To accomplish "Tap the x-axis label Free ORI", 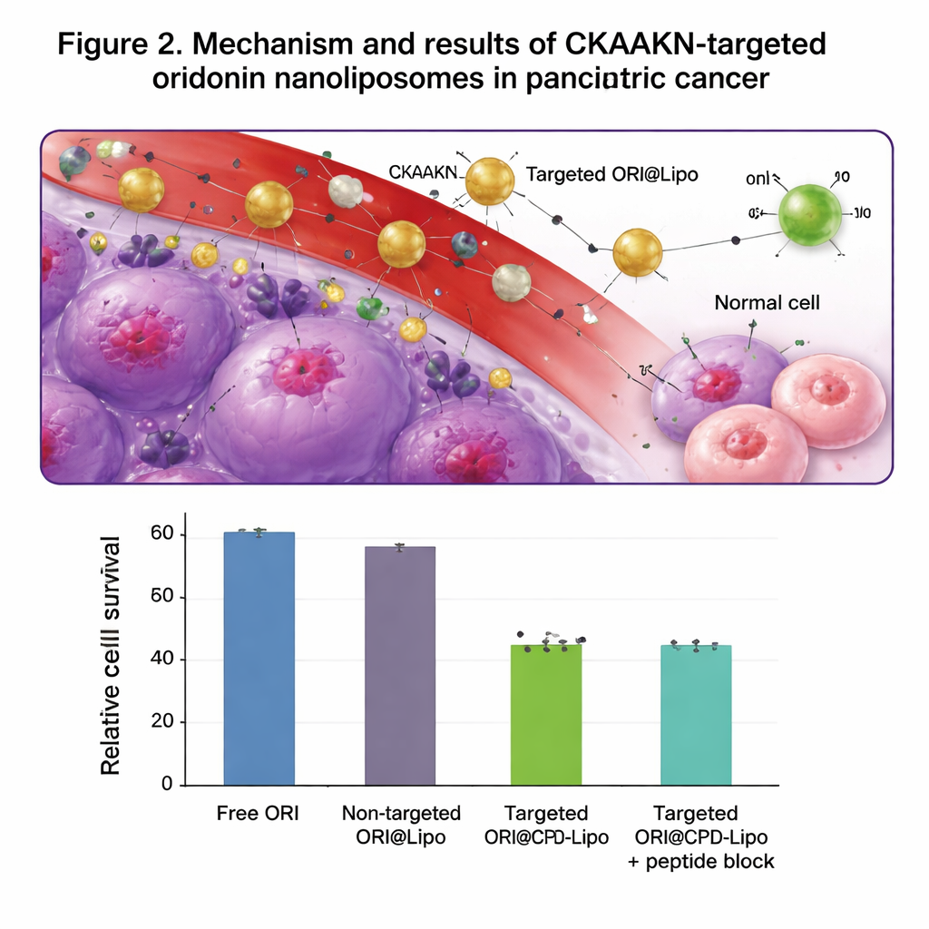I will click(259, 813).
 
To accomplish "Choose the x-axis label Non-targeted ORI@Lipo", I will click(400, 825).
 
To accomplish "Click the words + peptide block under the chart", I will click(701, 861).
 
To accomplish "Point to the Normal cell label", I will click(767, 302).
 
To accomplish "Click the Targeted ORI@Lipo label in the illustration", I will click(612, 174).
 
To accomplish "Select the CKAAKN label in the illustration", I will click(425, 171).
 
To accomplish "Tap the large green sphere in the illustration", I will click(810, 215).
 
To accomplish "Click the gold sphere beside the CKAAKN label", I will click(490, 181).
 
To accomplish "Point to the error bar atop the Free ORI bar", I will click(259, 532).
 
